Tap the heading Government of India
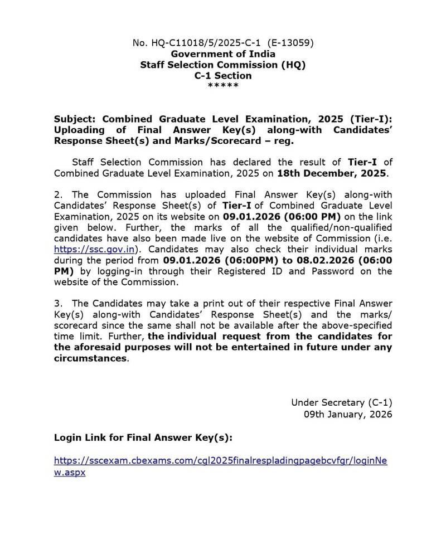223,54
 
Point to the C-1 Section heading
223,75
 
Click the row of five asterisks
223,86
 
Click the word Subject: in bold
75,120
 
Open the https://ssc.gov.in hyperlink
94,249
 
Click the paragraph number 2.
57,194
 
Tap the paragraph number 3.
57,303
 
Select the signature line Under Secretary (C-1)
341,402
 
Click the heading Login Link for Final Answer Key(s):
143,437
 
